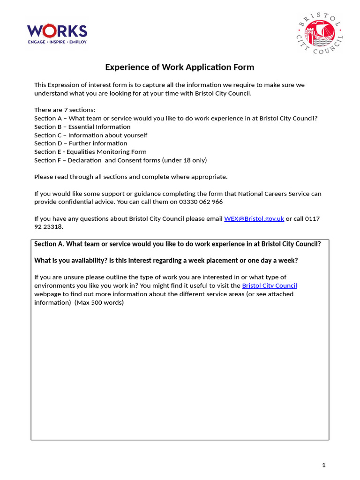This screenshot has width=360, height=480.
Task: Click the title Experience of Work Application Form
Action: coord(180,67)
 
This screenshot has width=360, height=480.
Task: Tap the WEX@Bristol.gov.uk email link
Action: coord(254,218)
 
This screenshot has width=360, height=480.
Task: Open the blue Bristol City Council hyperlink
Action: coord(270,285)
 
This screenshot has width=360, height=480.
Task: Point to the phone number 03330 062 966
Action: coord(199,202)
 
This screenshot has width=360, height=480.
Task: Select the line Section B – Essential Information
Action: coord(82,127)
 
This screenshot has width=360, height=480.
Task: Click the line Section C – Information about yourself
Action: coord(90,135)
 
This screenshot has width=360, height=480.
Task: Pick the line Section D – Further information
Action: coord(81,143)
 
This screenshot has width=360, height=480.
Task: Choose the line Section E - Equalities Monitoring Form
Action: coord(90,151)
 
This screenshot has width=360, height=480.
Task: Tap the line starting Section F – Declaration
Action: coord(120,160)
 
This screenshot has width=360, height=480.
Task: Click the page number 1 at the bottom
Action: coord(323,465)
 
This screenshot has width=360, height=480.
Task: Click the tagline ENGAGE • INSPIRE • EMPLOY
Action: coord(57,42)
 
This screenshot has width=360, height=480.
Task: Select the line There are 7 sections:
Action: coord(65,110)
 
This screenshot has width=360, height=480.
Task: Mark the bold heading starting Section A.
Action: coord(178,244)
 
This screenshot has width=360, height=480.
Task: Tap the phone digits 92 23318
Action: coord(48,227)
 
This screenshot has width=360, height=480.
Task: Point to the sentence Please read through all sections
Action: coord(131,177)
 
